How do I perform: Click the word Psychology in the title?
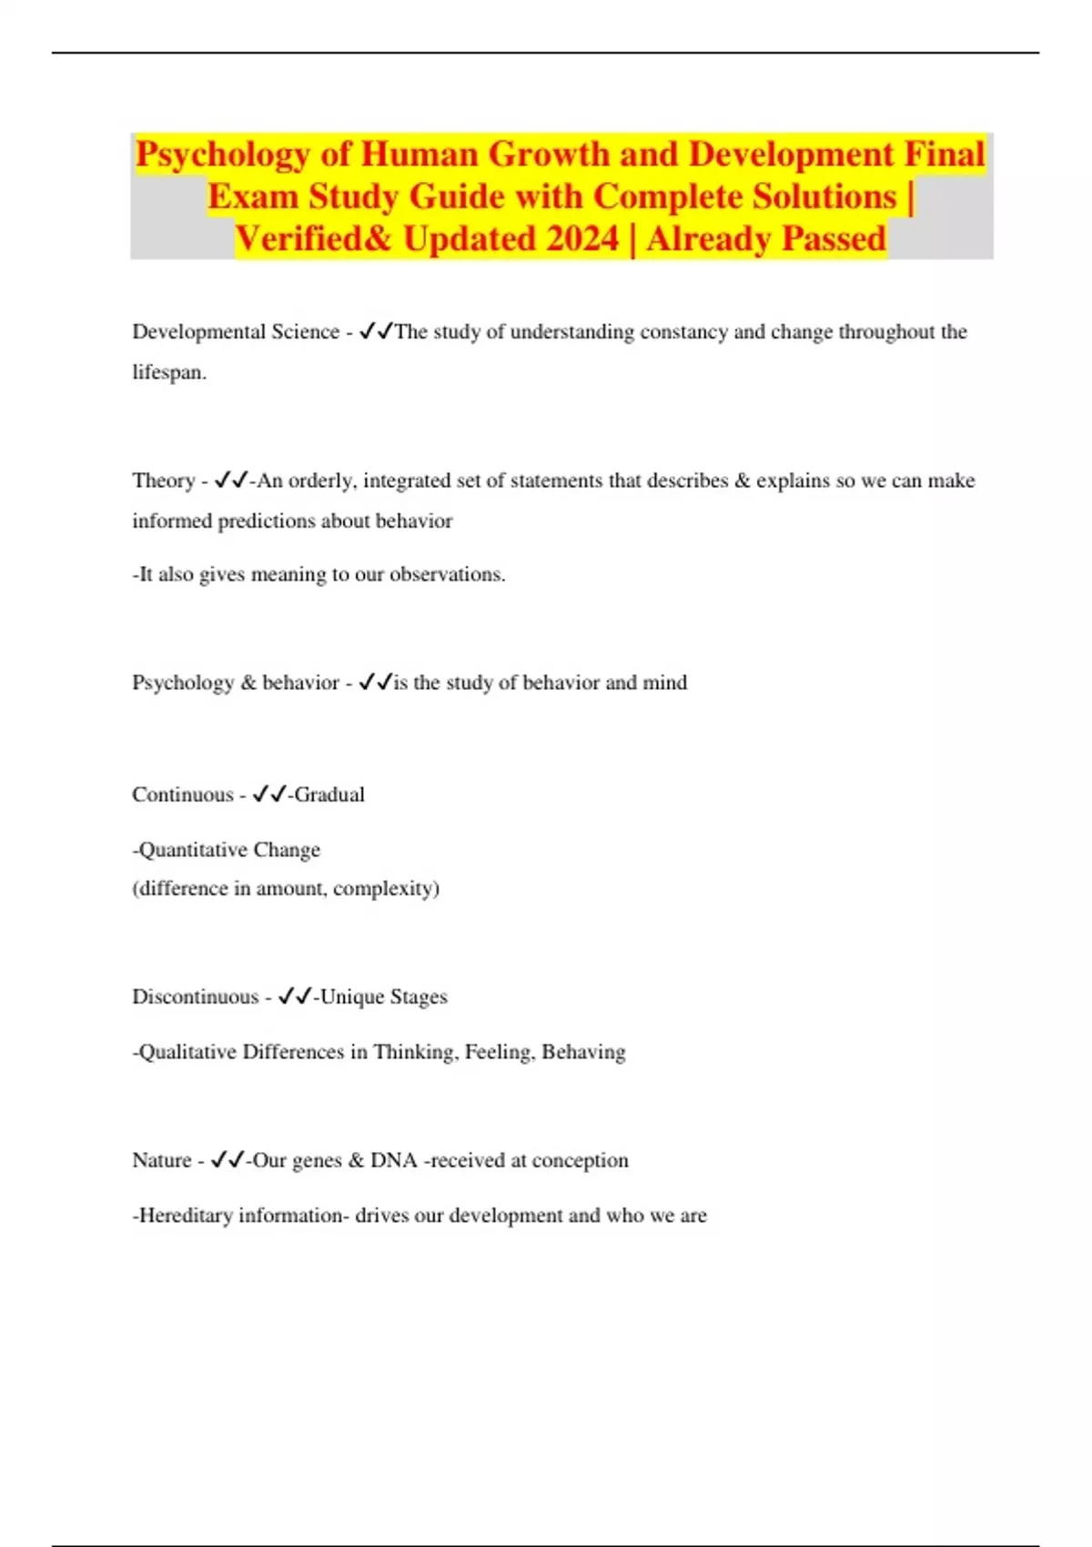coord(222,155)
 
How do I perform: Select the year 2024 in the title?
coord(582,239)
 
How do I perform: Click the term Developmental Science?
coord(236,332)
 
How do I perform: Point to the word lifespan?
coord(168,372)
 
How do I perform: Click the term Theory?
coord(163,480)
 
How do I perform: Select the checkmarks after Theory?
coord(230,480)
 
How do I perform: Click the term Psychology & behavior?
coord(236,682)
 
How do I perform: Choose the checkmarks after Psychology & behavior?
coord(375,682)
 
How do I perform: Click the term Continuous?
coord(182,794)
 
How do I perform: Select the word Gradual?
coord(329,794)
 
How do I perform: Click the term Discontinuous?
coord(195,996)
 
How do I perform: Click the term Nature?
coord(161,1160)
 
